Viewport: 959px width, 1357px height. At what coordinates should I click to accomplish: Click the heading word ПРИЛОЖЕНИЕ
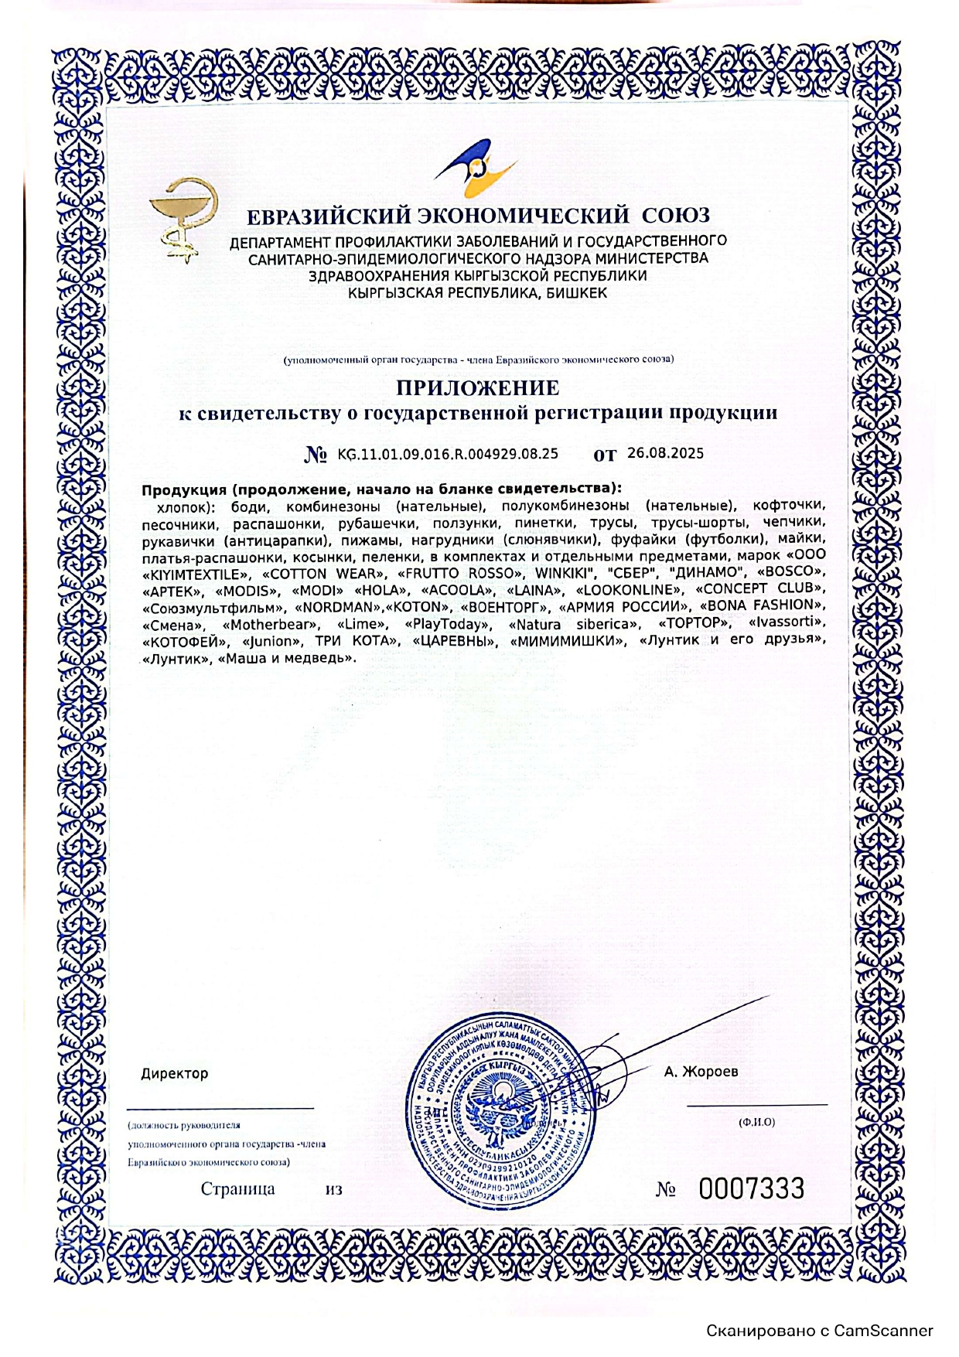(x=478, y=387)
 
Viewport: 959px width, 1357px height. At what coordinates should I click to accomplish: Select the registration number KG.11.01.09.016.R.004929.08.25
(x=448, y=454)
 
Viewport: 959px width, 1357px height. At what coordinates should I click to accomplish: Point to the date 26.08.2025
(x=665, y=453)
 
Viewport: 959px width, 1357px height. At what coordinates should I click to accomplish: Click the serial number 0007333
(x=751, y=1188)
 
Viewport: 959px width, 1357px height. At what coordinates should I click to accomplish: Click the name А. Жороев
(x=701, y=1072)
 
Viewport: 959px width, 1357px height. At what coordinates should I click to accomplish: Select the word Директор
(x=174, y=1073)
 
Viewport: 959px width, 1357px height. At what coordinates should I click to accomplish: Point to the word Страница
(x=237, y=1188)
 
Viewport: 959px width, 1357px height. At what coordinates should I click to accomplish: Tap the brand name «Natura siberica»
(x=574, y=624)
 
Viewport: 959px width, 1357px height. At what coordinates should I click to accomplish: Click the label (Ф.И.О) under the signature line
(x=756, y=1121)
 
